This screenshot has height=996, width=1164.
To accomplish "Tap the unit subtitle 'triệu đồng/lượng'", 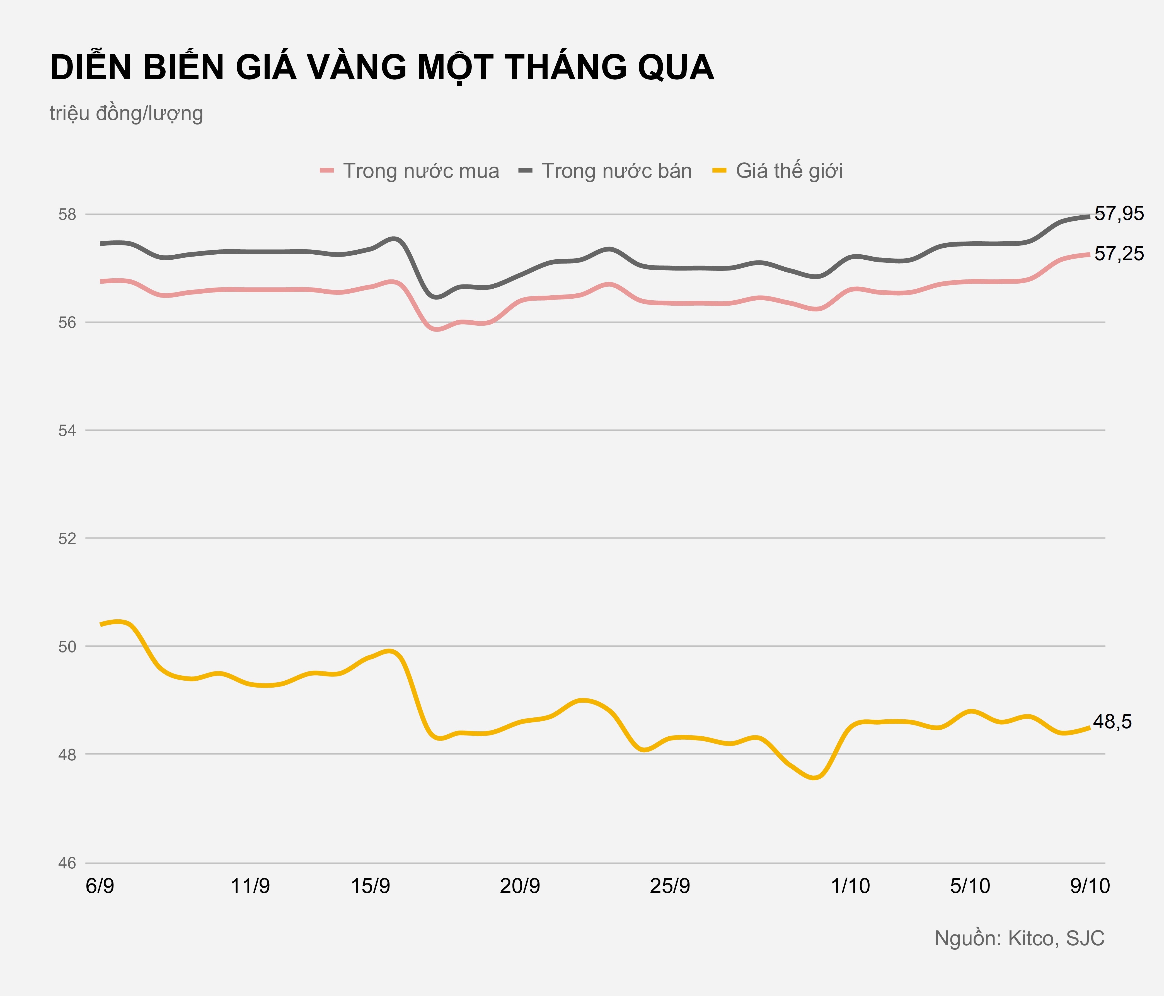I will point(126,113).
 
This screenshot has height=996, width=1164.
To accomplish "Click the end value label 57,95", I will point(1119,214).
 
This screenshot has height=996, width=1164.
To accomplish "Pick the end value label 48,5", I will point(1112,722).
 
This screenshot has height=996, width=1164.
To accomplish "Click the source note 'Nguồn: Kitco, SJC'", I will point(1019,938).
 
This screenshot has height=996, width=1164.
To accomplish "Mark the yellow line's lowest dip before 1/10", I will point(815,778).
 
